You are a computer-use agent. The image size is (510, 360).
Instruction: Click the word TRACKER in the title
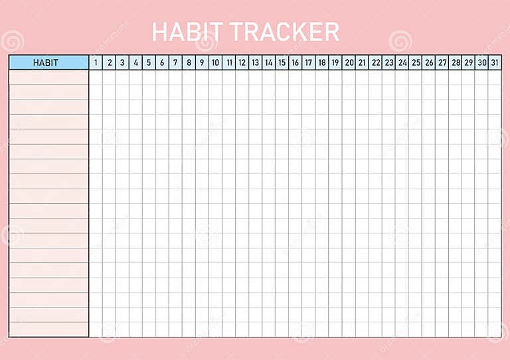click(285, 31)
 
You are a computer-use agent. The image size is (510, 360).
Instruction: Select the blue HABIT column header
click(48, 62)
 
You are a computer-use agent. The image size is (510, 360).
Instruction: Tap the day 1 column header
click(96, 62)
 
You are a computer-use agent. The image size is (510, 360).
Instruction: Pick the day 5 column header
click(149, 62)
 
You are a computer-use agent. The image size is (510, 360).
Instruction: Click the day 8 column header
click(189, 62)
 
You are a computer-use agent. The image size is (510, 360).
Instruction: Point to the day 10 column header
click(215, 62)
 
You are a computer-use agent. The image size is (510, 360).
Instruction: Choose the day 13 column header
click(256, 62)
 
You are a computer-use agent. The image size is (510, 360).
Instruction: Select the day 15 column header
click(282, 62)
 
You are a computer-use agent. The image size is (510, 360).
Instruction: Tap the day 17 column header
click(309, 62)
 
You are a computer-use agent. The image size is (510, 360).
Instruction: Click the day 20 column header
click(349, 62)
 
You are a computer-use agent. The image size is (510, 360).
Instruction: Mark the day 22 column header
click(375, 62)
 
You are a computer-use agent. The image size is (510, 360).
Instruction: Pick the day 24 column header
click(402, 62)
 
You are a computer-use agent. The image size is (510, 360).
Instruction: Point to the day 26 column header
click(429, 62)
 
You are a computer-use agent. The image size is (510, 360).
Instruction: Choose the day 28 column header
click(456, 62)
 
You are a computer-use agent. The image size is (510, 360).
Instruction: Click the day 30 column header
click(482, 62)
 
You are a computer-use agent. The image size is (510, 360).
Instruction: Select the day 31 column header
click(495, 62)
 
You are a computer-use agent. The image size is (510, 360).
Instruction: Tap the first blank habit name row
click(48, 77)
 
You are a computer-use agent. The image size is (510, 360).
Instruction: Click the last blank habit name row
click(48, 329)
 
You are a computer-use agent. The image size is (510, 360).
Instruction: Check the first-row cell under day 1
click(96, 77)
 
